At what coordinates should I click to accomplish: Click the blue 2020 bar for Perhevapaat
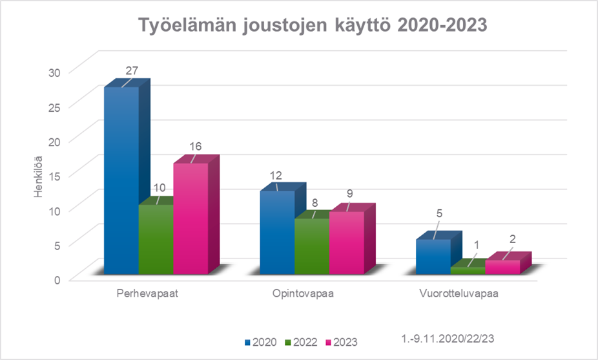121,181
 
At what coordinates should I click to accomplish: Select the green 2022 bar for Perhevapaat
156,239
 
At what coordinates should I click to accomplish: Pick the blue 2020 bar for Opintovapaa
277,233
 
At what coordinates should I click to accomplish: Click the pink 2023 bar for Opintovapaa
346,242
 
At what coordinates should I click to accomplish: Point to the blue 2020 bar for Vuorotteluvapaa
433,257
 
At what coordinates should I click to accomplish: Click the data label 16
195,146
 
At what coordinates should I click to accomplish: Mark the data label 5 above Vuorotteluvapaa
439,213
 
